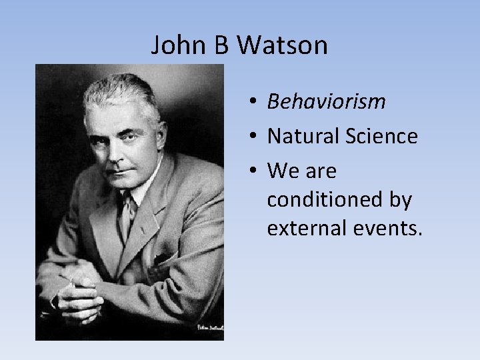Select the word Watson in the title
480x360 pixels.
coord(283,45)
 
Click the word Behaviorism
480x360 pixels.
coord(326,101)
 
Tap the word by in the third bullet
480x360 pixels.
coord(399,200)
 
